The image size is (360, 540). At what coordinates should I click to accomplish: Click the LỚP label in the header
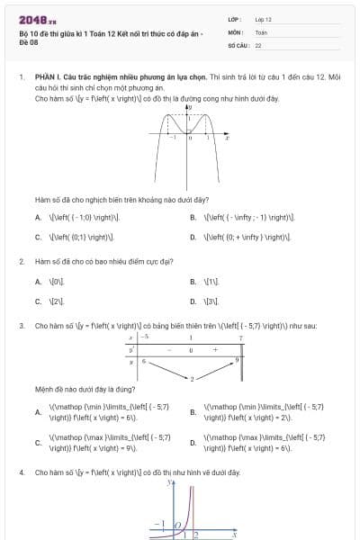(235, 18)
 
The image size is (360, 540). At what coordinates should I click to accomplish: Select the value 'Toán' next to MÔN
(261, 31)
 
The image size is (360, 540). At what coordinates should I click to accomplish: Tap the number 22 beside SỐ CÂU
(258, 43)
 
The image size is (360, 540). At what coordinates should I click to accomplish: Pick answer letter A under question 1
(38, 217)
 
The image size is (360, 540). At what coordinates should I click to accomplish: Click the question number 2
(21, 261)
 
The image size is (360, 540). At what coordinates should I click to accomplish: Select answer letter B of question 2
(193, 281)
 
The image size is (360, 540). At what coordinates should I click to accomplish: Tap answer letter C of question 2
(38, 301)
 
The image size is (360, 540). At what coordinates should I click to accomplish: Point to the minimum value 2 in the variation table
(191, 378)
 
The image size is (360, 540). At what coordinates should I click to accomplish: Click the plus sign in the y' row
(215, 348)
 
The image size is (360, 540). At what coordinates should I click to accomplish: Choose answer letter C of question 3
(38, 443)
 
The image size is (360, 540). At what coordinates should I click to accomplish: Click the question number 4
(21, 472)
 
